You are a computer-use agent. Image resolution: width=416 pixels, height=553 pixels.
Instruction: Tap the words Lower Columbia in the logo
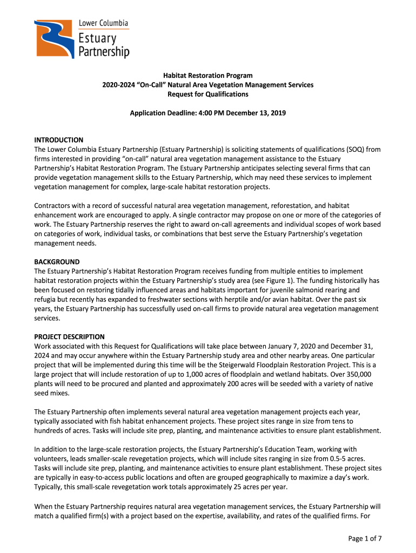(104, 23)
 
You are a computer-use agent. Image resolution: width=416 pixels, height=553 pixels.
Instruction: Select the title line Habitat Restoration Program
(208, 76)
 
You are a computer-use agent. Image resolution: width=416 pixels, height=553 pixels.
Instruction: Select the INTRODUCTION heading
(59, 140)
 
